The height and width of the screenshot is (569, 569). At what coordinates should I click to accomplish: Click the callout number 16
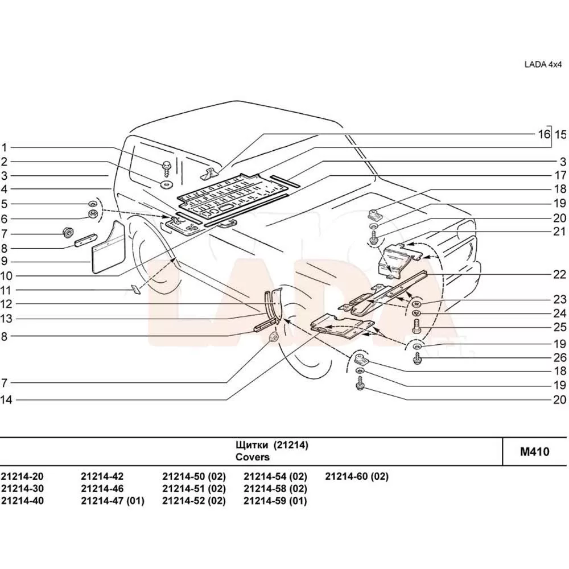tap(544, 134)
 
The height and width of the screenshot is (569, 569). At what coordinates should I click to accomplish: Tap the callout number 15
tap(561, 134)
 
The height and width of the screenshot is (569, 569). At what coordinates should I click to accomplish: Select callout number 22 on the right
tap(560, 274)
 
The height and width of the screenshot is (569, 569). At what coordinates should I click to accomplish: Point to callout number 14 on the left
tap(6, 399)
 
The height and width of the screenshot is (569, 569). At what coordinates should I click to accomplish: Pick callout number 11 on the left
tap(6, 289)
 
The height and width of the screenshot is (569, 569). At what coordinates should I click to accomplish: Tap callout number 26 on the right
tap(560, 357)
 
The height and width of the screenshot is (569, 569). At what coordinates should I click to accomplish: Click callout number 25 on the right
tap(560, 327)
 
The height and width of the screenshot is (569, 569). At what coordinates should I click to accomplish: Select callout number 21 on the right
tap(560, 232)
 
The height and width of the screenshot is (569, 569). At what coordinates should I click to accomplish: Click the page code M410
tap(535, 452)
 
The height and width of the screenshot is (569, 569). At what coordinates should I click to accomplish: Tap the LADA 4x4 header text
tap(542, 64)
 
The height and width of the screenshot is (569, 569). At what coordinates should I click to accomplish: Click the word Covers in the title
tap(253, 457)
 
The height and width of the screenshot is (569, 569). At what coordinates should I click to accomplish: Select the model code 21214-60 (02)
tap(357, 477)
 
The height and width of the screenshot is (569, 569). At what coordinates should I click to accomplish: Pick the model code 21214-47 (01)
tap(113, 501)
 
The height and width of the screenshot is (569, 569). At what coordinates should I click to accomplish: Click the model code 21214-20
tap(22, 477)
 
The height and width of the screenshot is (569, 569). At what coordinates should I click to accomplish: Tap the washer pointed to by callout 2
tap(167, 185)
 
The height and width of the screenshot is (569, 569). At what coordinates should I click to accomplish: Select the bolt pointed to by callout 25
tap(416, 327)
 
